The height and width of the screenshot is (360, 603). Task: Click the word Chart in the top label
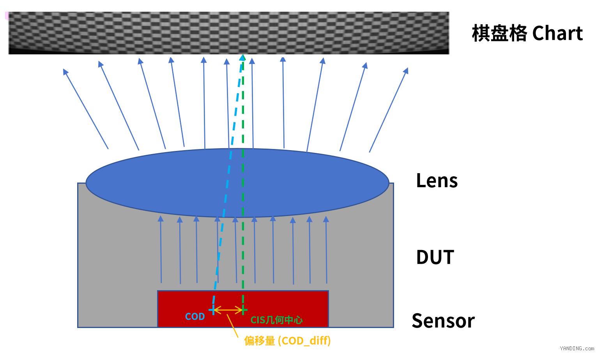pyautogui.click(x=557, y=33)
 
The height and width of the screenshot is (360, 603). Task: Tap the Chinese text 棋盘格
pyautogui.click(x=499, y=33)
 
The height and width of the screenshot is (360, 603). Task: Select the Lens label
pyautogui.click(x=437, y=181)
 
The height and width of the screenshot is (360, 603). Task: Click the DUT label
pyautogui.click(x=435, y=257)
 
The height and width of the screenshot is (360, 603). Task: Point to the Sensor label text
pyautogui.click(x=443, y=321)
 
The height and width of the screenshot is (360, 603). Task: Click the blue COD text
pyautogui.click(x=195, y=316)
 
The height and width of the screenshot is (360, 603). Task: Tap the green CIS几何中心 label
pyautogui.click(x=276, y=320)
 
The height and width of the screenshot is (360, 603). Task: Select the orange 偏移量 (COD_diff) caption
pyautogui.click(x=288, y=341)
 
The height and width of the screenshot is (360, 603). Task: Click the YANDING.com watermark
pyautogui.click(x=577, y=348)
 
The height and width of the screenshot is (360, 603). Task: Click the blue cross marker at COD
pyautogui.click(x=213, y=310)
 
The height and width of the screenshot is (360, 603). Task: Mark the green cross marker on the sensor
pyautogui.click(x=243, y=310)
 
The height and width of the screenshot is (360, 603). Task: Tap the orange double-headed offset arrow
pyautogui.click(x=228, y=310)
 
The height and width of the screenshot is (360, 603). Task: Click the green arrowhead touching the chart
pyautogui.click(x=243, y=57)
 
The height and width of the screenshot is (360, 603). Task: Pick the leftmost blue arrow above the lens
pyautogui.click(x=86, y=108)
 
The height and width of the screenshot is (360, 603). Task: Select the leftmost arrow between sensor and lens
pyautogui.click(x=161, y=249)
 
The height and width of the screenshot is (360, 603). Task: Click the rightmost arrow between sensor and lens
pyautogui.click(x=326, y=250)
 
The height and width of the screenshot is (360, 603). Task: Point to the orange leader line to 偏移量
pyautogui.click(x=233, y=326)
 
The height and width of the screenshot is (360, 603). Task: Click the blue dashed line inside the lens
pyautogui.click(x=227, y=183)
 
